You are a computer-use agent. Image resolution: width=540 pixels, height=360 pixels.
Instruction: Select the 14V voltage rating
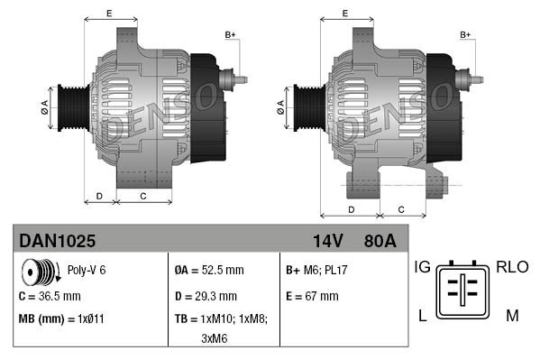[x=327, y=241]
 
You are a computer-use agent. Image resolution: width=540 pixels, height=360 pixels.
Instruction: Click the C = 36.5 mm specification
[x=50, y=295]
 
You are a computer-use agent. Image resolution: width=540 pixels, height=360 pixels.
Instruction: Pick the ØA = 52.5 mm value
[x=208, y=270]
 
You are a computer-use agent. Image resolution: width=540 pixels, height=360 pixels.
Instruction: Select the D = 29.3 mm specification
[x=206, y=295]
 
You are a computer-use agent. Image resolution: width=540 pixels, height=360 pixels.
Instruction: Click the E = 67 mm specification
[x=312, y=295]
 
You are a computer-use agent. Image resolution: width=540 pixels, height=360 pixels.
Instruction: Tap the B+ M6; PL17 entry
[x=317, y=270]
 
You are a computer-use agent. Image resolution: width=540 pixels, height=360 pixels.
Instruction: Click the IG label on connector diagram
[x=422, y=267]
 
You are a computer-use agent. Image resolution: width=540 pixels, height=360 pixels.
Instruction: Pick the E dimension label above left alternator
[x=108, y=14]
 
